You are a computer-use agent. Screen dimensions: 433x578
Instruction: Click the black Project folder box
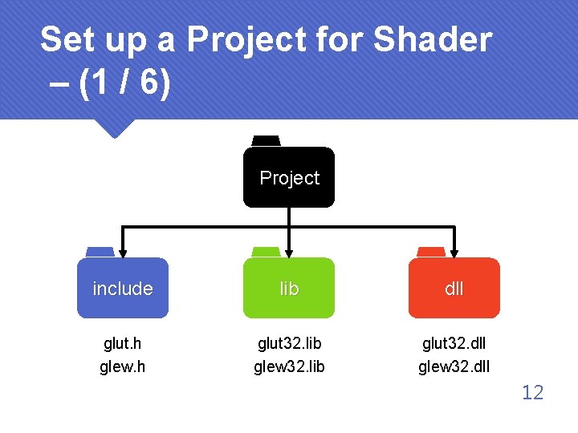tap(289, 177)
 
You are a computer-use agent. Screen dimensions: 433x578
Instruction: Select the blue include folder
tap(123, 288)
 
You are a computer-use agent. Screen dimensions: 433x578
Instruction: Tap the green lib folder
tap(289, 288)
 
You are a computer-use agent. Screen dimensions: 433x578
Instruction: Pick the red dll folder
tap(454, 288)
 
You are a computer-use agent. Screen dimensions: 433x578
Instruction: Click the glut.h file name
tap(123, 343)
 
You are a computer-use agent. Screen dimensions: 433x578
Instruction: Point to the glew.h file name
tap(123, 367)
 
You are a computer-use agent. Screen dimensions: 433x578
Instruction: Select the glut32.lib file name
tap(289, 343)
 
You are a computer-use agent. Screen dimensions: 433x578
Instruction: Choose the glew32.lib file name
tap(289, 367)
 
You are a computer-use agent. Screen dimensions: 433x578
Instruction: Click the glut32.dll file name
tap(454, 343)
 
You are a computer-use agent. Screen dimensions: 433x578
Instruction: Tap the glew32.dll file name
tap(454, 367)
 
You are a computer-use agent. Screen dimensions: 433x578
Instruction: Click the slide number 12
tap(532, 392)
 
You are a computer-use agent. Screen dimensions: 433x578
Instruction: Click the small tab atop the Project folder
tap(266, 141)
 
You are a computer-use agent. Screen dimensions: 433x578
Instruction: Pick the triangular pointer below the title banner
tap(112, 127)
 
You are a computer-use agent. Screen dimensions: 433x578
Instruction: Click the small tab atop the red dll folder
tap(431, 252)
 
